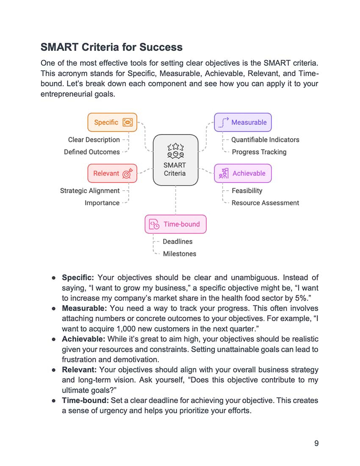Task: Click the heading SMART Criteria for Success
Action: pos(111,47)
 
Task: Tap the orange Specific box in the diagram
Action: pos(112,122)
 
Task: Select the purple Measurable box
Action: pos(243,122)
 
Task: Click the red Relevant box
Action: pos(112,173)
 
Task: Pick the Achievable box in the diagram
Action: pos(243,173)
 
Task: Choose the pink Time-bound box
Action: pos(175,224)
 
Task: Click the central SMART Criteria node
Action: pos(175,160)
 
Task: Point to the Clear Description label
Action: pos(94,140)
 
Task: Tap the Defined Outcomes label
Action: pos(91,152)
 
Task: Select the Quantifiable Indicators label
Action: pos(265,140)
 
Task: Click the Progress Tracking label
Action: pos(259,152)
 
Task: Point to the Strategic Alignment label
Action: pos(90,191)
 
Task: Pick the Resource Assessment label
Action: pos(265,203)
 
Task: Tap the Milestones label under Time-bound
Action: pos(180,254)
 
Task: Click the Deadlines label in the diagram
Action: pos(177,241)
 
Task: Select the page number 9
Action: pos(316,443)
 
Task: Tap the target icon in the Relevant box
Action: pos(127,173)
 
